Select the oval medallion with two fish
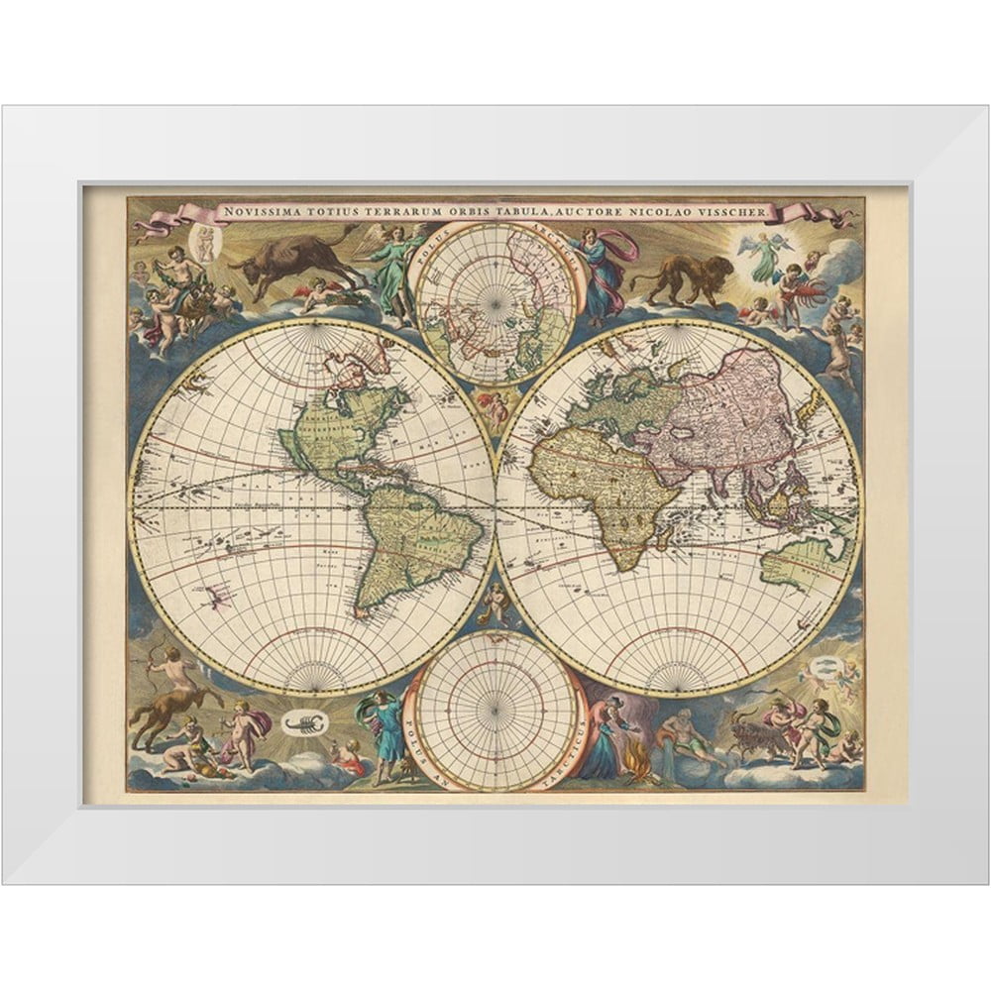coord(819,664)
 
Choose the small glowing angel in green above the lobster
coord(764,255)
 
